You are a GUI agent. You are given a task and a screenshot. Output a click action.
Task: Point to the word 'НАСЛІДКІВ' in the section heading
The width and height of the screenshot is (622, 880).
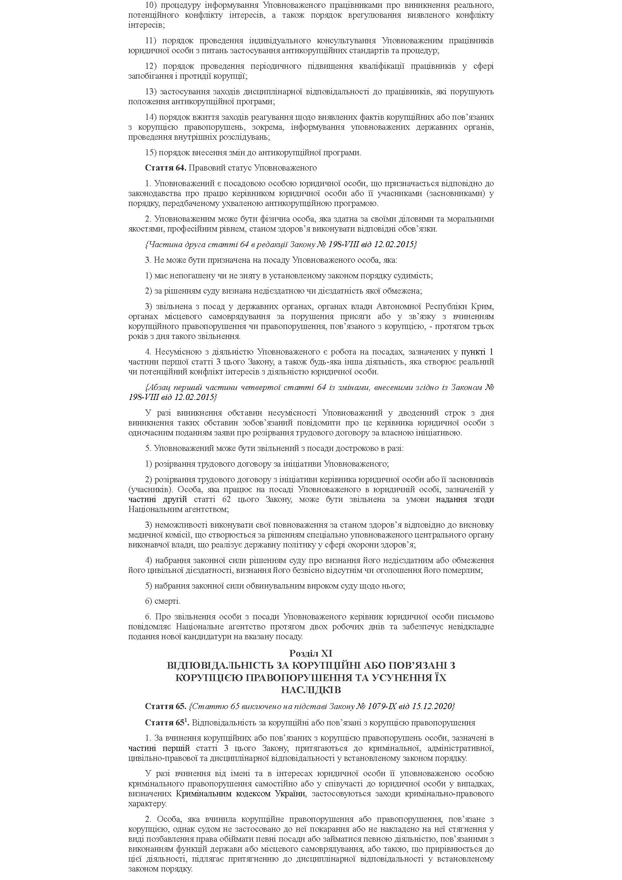coord(311,690)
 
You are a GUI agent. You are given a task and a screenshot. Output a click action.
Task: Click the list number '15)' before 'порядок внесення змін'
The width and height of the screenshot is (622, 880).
coord(151,152)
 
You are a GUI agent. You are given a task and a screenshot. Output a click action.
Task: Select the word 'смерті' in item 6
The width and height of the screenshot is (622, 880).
coord(167,601)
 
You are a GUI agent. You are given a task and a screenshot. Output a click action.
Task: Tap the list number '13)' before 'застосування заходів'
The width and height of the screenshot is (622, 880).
coord(151,91)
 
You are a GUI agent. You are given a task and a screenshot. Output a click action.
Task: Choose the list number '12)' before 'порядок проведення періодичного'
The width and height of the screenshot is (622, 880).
coord(151,66)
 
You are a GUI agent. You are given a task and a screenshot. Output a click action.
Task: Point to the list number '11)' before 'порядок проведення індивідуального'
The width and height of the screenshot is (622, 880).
coord(151,41)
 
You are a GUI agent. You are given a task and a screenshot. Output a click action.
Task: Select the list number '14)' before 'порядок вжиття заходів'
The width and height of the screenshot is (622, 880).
coord(151,117)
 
